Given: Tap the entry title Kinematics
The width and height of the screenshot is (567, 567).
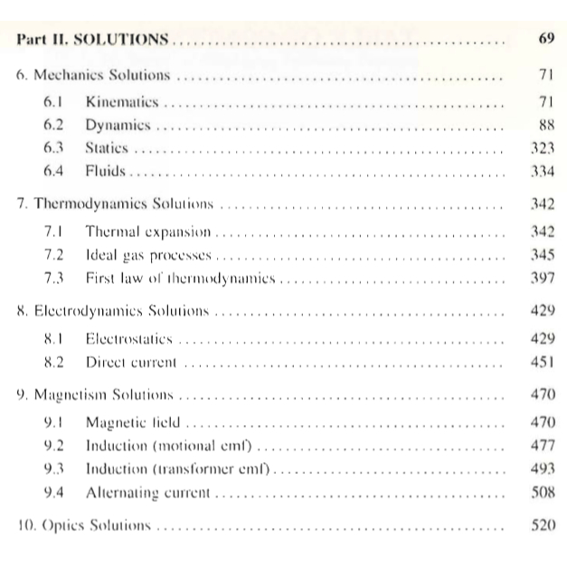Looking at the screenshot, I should pyautogui.click(x=122, y=99).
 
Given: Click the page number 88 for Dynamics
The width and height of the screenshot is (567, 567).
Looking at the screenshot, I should pyautogui.click(x=544, y=123).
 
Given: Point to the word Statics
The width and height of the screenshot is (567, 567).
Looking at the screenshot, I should pyautogui.click(x=108, y=146).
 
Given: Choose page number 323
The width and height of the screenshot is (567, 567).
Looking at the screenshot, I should pyautogui.click(x=541, y=146).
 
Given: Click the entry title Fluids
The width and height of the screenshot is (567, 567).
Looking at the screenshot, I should pyautogui.click(x=104, y=170).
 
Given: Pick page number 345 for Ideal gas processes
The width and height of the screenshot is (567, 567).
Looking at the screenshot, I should pyautogui.click(x=541, y=256).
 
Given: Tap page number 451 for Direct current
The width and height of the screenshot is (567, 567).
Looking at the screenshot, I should pyautogui.click(x=541, y=364).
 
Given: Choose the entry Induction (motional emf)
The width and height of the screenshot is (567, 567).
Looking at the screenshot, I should pyautogui.click(x=169, y=446).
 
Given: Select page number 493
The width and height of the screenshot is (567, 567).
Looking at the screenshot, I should pyautogui.click(x=541, y=469).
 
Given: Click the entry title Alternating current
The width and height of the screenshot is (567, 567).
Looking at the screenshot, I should pyautogui.click(x=147, y=493).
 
